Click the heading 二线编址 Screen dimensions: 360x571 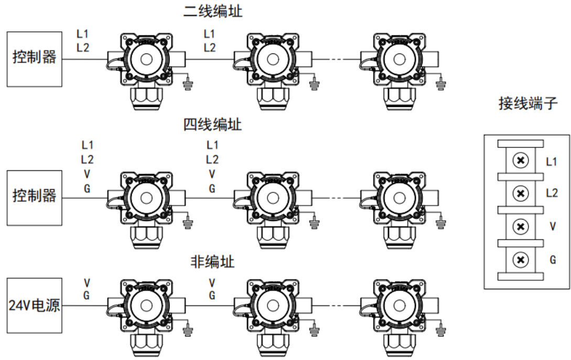(x=213, y=12)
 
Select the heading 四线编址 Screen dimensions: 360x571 (x=213, y=125)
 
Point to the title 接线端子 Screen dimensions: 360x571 (x=527, y=104)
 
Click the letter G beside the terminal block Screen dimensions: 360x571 (x=552, y=259)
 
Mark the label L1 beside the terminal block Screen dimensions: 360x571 (x=552, y=162)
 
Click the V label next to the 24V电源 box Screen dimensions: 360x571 (x=87, y=282)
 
